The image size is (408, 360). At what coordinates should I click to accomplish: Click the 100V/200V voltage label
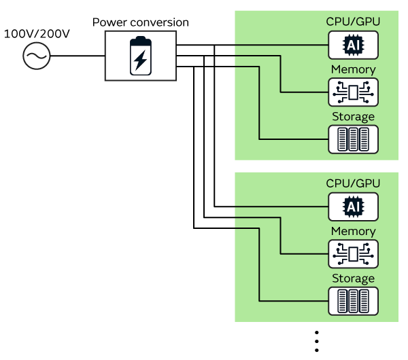tap(37, 32)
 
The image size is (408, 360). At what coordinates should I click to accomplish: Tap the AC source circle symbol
tap(37, 56)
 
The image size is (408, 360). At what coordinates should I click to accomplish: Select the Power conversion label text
tap(140, 22)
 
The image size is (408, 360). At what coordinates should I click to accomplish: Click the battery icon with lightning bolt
tap(140, 56)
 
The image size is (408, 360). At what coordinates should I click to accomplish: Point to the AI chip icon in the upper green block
tap(353, 45)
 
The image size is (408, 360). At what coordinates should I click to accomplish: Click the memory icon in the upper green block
tap(353, 92)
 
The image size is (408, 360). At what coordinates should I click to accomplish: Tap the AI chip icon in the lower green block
tap(353, 206)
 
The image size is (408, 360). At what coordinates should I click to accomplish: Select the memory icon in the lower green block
tap(353, 253)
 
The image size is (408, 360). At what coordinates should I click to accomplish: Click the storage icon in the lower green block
tap(353, 300)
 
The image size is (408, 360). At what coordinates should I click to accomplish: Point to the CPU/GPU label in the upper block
tap(353, 22)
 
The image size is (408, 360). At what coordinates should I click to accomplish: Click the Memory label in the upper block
tap(353, 69)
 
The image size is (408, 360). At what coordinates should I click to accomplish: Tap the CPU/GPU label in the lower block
tap(353, 183)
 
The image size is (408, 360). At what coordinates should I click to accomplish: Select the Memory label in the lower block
tap(353, 231)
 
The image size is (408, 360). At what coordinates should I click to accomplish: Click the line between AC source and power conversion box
tap(78, 56)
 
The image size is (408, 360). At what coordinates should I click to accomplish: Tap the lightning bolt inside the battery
tap(140, 60)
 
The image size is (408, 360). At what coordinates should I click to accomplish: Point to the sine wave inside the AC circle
tap(37, 56)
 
